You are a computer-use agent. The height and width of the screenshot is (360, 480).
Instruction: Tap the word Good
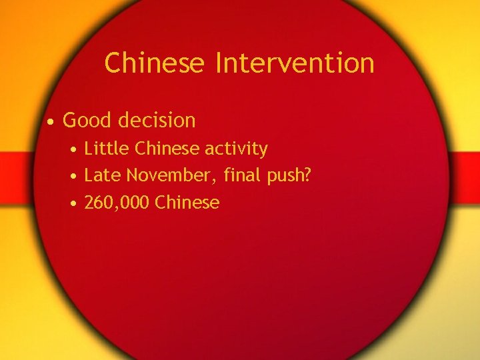click(x=87, y=121)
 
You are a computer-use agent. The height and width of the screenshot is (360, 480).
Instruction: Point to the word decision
click(x=157, y=121)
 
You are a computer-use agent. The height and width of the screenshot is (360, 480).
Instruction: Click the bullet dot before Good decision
click(x=50, y=122)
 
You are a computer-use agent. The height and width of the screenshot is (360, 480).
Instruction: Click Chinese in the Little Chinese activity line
click(x=166, y=148)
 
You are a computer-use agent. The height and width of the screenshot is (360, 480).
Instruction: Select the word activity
click(x=235, y=149)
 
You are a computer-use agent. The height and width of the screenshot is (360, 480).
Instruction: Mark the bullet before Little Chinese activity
click(x=76, y=149)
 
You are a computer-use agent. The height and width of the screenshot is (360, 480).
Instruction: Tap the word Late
click(x=103, y=175)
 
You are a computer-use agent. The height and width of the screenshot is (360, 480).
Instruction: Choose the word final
click(x=243, y=175)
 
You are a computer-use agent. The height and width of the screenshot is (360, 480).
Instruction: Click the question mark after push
click(x=307, y=175)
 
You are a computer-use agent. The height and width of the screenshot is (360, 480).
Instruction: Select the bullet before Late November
click(x=76, y=177)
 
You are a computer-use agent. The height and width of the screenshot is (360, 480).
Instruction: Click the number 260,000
click(x=116, y=203)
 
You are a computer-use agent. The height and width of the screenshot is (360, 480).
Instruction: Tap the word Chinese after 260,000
click(x=187, y=202)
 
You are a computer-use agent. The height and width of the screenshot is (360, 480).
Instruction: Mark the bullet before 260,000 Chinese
click(x=76, y=203)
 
